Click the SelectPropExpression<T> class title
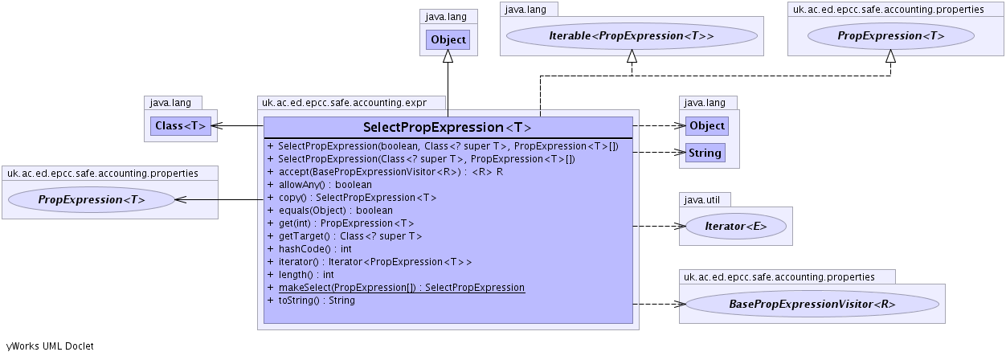[x=448, y=128]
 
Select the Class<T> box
[x=180, y=125]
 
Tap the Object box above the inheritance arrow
[x=448, y=39]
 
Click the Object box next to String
[x=707, y=125]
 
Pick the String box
[x=705, y=152]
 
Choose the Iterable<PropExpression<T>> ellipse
[x=632, y=36]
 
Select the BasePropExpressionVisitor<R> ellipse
[x=812, y=305]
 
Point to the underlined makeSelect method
[x=401, y=288]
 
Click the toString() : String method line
[x=316, y=301]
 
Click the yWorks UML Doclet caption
[x=50, y=346]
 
